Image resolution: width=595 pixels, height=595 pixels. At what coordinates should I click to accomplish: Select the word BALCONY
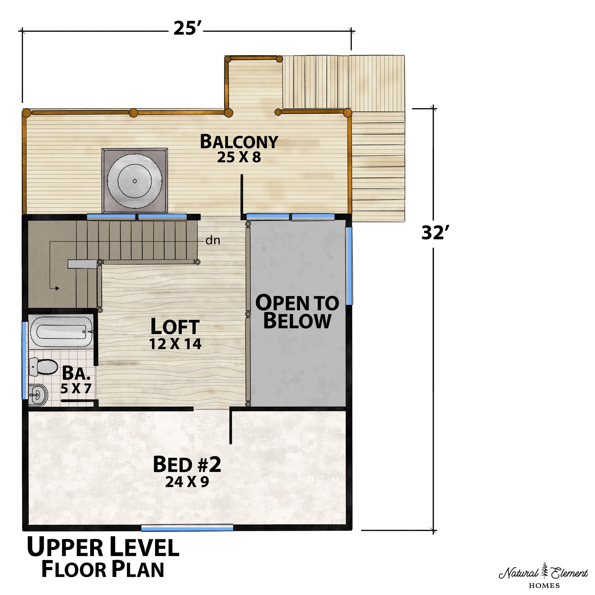pos(239,142)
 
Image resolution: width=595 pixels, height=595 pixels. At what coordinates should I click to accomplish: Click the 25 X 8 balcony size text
pos(239,157)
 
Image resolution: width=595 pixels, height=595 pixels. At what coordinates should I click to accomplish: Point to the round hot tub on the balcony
pos(135,181)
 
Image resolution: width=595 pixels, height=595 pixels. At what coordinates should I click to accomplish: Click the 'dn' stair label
pos(213,240)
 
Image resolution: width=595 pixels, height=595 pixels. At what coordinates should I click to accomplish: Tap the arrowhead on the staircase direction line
pos(57,288)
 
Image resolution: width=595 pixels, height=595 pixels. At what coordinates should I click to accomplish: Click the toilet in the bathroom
pos(43,367)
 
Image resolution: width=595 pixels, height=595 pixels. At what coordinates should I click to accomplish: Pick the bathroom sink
pos(38,394)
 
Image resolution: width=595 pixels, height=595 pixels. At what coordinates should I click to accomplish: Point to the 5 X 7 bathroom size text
pos(76,389)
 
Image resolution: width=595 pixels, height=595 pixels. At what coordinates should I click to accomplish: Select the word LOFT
pos(175,327)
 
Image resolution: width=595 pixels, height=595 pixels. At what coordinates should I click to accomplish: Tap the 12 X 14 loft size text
pos(175,344)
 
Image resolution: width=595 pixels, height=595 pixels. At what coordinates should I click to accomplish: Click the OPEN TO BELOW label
pos(297,312)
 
